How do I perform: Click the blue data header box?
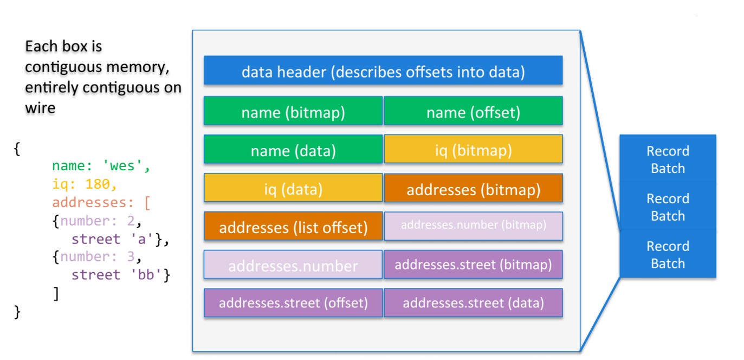[383, 70]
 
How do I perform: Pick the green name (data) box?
[293, 150]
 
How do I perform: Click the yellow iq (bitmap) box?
[473, 150]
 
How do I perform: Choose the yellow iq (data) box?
[293, 188]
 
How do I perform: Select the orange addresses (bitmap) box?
[473, 188]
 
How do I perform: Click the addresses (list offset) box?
[293, 227]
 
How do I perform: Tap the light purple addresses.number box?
[293, 265]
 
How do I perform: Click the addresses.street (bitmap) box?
[473, 265]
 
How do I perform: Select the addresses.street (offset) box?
[293, 303]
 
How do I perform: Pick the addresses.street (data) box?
[473, 303]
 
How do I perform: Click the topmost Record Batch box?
[668, 159]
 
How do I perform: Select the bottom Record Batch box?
[668, 254]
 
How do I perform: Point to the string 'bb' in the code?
[150, 275]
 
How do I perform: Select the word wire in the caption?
[40, 107]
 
